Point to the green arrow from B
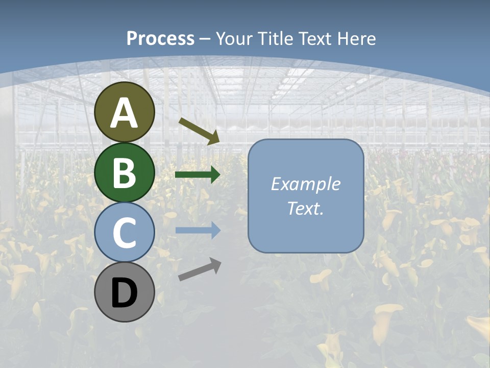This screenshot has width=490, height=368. coord(198,175)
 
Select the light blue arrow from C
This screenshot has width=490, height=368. coord(198,230)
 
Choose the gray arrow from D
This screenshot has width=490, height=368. coord(200,269)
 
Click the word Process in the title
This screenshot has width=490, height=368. coord(160,38)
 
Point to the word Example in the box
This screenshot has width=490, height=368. coord(305,184)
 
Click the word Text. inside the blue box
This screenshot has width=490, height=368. coord(305,208)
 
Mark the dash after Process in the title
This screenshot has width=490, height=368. coord(205,39)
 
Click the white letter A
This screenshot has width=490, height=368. coord(125,113)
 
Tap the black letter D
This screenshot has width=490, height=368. coord(125,293)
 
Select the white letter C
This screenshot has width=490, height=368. coord(125,233)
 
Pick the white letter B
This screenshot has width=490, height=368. coord(125,173)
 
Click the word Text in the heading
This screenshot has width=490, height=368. coord(312,38)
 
